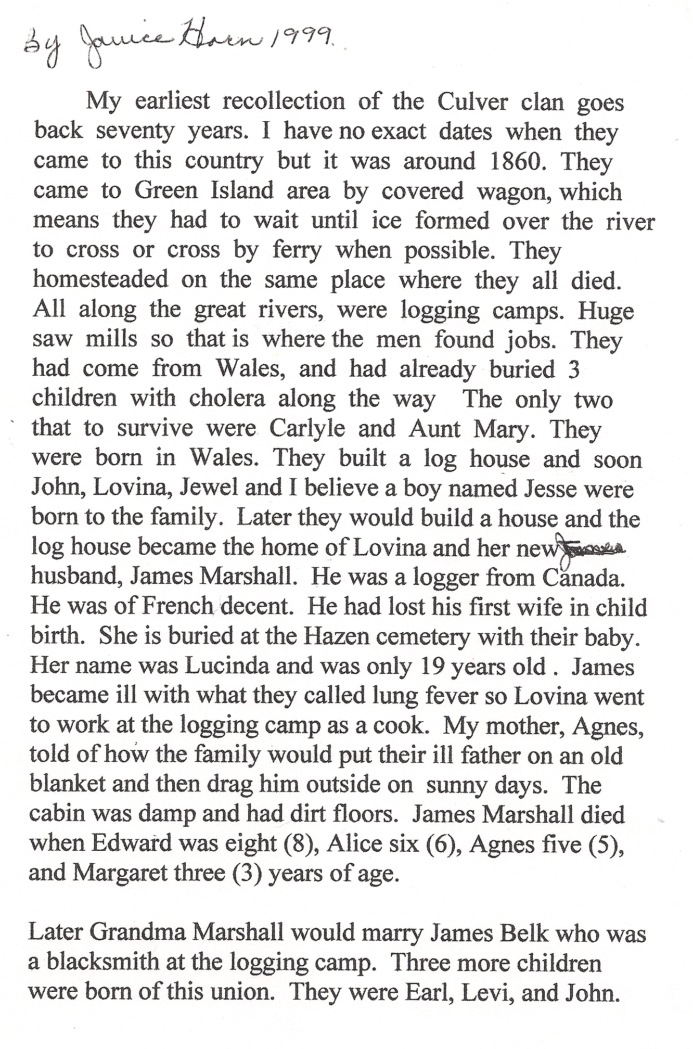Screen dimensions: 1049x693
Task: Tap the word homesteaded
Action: pos(101,279)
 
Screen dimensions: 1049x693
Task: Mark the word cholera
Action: pos(227,399)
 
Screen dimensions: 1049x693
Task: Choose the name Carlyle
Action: pos(307,428)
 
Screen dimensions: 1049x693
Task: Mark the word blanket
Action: pos(67,785)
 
